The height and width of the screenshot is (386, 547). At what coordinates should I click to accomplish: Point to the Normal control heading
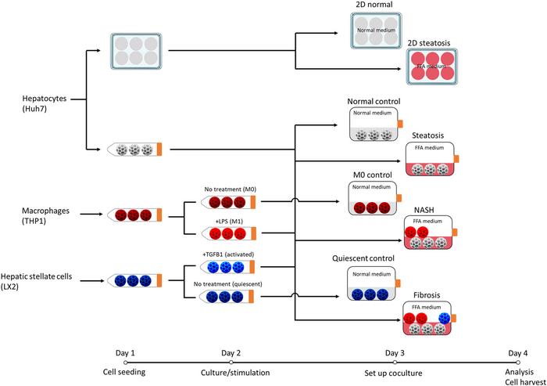click(x=374, y=102)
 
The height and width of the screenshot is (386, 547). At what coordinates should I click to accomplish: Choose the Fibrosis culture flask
click(x=434, y=322)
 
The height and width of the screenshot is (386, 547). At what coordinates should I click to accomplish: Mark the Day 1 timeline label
click(x=126, y=352)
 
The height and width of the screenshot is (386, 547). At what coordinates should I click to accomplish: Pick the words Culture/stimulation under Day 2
click(x=231, y=372)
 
